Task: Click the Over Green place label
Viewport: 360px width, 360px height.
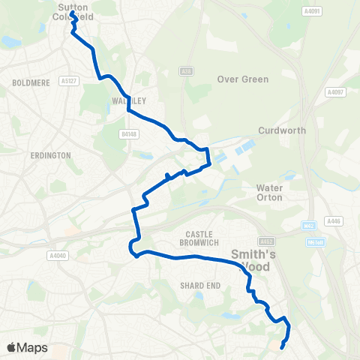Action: tap(242, 79)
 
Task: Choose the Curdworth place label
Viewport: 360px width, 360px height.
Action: tap(281, 130)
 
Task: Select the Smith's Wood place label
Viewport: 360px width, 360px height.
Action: tap(254, 261)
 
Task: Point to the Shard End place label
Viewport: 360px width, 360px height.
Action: tap(199, 285)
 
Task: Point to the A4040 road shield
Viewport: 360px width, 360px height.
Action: tap(57, 256)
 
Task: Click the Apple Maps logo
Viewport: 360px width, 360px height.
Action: tap(27, 347)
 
